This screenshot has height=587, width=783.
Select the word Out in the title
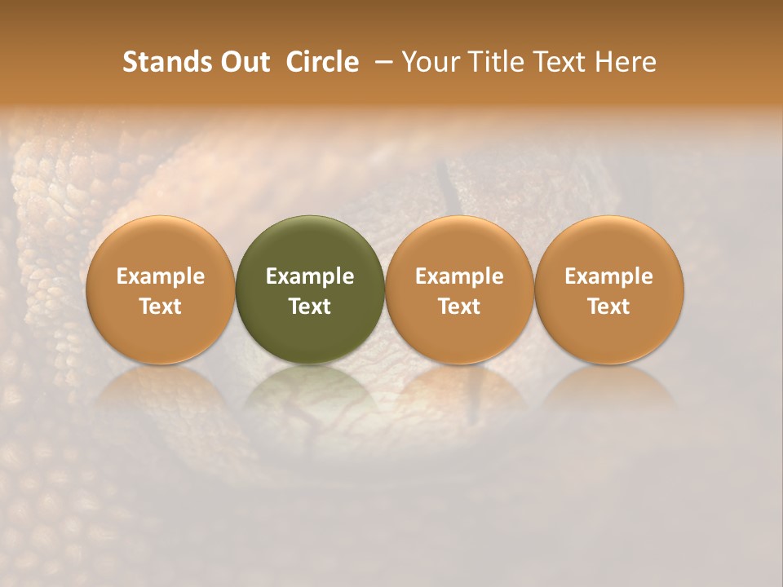point(243,62)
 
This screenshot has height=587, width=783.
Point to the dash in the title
point(380,62)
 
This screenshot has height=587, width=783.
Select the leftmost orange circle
point(161,245)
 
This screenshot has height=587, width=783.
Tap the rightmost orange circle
point(609,245)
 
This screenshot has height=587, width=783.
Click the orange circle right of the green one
point(459,245)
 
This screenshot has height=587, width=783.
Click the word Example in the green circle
point(310,276)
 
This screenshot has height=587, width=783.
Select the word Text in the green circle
point(310,307)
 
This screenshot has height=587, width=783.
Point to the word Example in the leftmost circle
point(161,276)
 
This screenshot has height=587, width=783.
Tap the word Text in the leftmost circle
point(161,307)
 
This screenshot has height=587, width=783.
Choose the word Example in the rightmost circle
point(609,276)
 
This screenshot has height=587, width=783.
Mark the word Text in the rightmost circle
point(609,307)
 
